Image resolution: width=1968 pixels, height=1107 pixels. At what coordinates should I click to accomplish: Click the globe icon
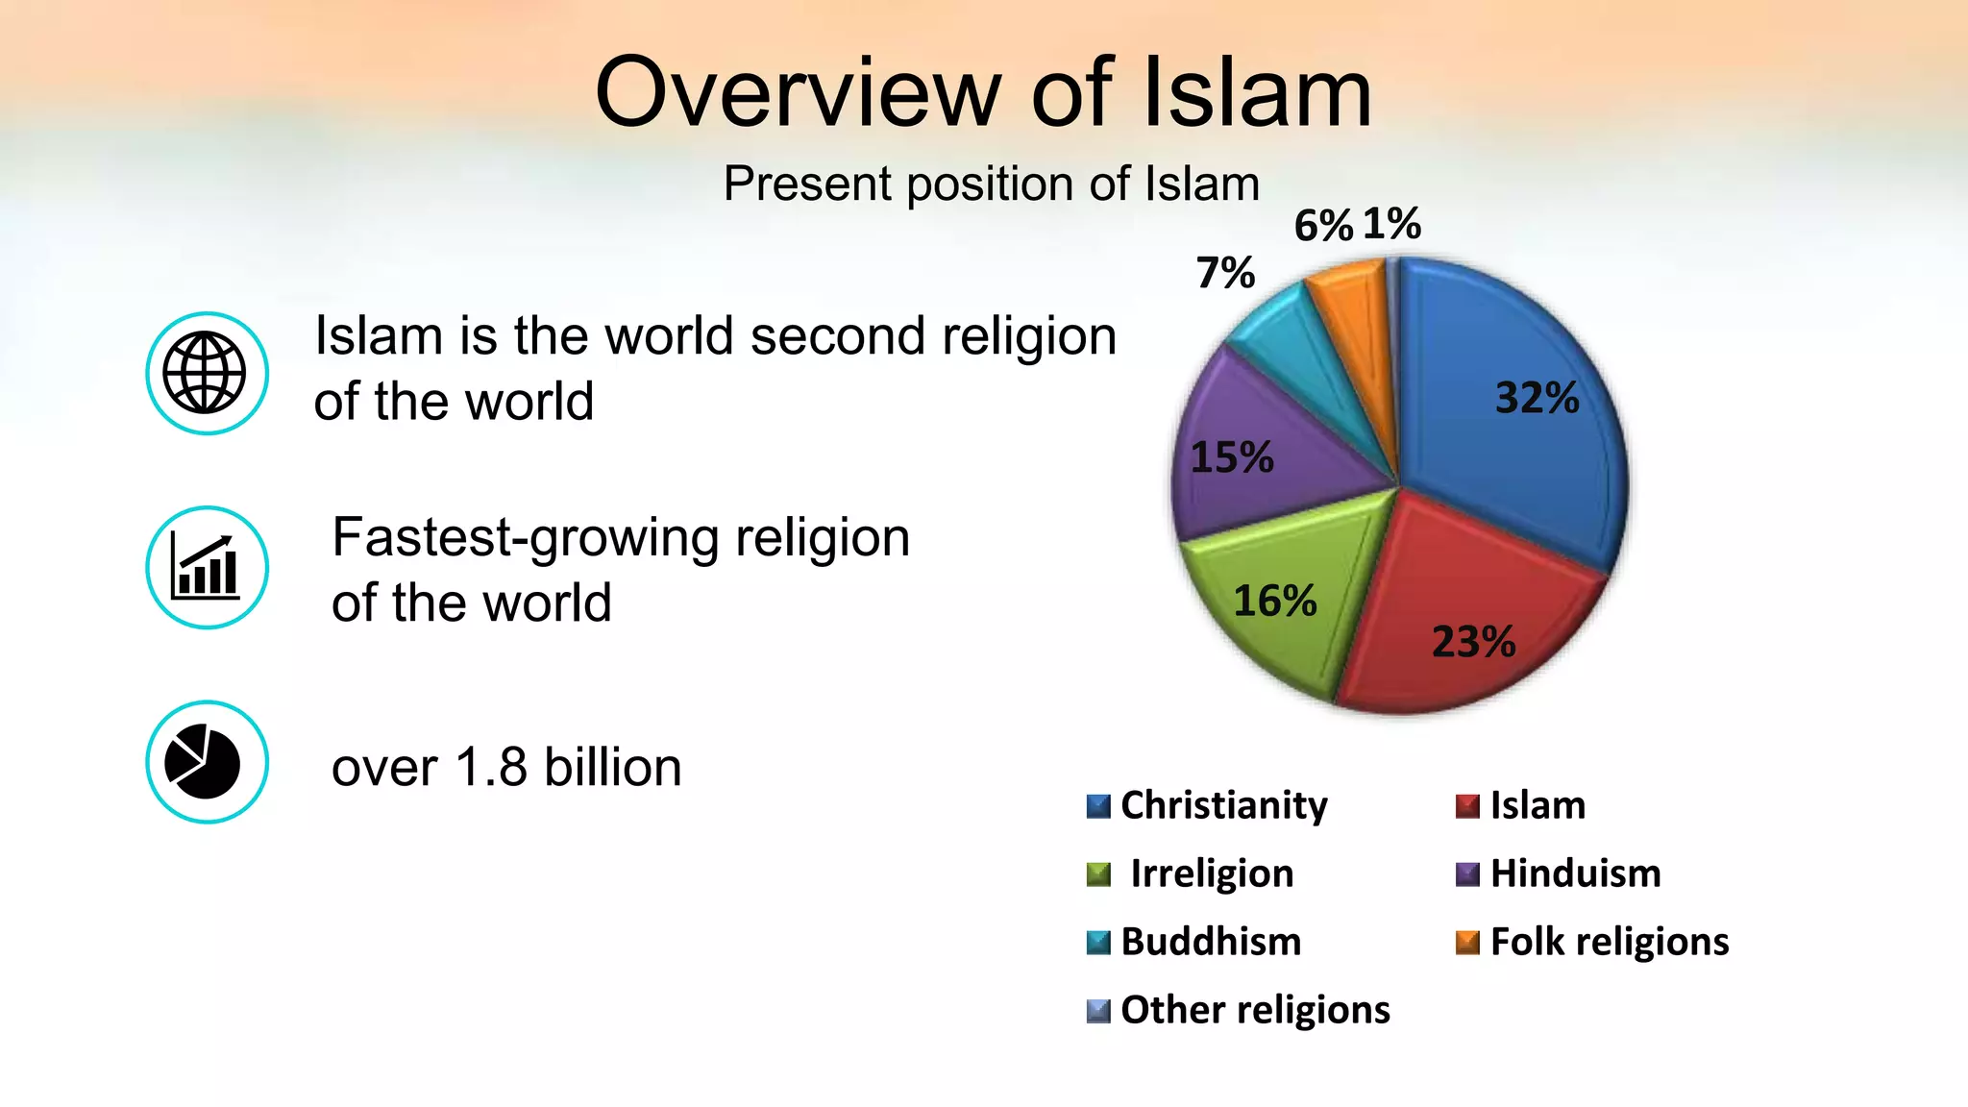pos(206,373)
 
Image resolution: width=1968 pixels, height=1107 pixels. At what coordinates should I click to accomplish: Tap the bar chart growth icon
pos(206,567)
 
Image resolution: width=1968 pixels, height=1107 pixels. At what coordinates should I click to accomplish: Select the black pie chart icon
pos(206,762)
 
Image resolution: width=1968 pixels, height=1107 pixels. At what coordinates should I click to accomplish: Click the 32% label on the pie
pos(1537,398)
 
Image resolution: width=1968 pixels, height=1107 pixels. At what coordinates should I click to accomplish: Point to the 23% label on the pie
pos(1473,642)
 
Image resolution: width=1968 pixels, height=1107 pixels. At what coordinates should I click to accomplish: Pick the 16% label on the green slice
pos(1274,602)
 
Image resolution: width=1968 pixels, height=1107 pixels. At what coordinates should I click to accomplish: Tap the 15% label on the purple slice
pos(1232,457)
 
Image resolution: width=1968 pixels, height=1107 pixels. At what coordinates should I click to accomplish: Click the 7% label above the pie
pos(1225,273)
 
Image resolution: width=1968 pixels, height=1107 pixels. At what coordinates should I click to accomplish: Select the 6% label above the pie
pos(1323,226)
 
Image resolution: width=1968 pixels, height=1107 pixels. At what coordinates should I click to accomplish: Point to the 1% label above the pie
pos(1391,224)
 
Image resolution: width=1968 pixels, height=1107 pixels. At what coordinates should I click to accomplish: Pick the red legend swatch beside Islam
pos(1467,805)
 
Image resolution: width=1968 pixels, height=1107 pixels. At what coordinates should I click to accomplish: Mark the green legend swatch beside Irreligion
pos(1098,874)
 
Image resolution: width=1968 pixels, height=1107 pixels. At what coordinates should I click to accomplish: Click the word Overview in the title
pos(798,92)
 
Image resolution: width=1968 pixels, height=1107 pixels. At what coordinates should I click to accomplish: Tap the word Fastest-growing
pos(525,537)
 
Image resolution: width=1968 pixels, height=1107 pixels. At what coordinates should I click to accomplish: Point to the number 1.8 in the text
pos(491,768)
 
